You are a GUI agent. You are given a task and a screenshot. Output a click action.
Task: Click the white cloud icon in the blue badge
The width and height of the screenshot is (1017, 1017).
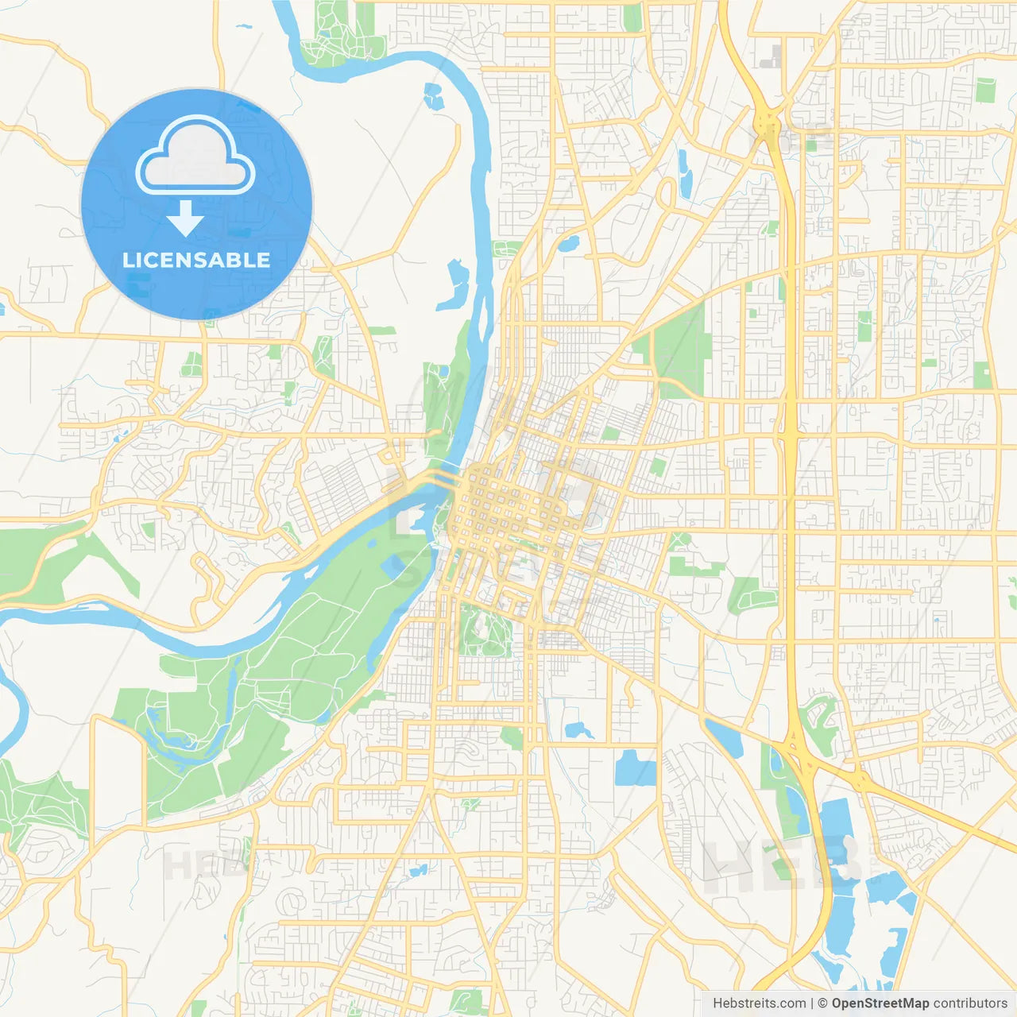click(x=195, y=157)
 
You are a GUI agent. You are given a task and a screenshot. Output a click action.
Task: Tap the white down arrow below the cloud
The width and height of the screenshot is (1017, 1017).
click(x=185, y=218)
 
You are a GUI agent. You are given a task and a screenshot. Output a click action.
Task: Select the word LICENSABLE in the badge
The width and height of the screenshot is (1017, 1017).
click(x=196, y=261)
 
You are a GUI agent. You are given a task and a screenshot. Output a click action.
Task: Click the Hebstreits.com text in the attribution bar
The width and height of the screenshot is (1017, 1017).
click(x=759, y=1003)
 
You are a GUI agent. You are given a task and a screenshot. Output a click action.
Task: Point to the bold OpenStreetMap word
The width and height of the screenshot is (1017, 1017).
click(x=880, y=1003)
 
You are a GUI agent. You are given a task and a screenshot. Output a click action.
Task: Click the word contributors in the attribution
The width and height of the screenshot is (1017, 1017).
click(x=970, y=1003)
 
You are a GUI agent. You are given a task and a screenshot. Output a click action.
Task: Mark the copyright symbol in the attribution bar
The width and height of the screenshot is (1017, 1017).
click(x=822, y=1003)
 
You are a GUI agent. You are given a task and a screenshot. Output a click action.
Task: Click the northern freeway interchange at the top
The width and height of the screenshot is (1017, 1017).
click(x=768, y=123)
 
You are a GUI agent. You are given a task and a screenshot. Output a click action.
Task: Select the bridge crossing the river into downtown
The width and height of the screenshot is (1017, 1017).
click(x=429, y=481)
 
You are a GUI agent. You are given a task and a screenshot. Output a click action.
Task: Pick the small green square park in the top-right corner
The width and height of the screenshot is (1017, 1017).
click(x=985, y=90)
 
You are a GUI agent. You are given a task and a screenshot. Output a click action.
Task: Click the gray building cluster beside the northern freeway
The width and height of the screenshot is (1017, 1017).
click(x=771, y=57)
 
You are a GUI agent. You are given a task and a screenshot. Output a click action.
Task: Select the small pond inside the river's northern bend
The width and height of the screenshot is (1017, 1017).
click(x=433, y=96)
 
